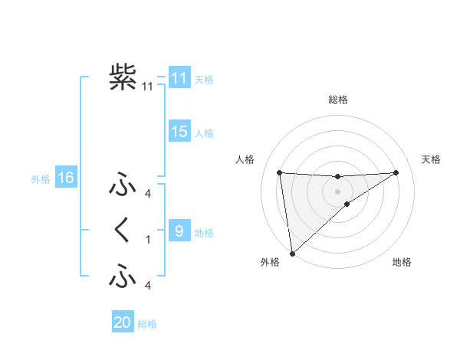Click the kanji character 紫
point(123,77)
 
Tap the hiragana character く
point(123,230)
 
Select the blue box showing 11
point(179,78)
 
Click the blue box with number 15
point(179,132)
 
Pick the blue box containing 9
point(179,231)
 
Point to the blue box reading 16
point(65,178)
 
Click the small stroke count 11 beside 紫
point(148,87)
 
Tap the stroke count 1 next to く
point(148,240)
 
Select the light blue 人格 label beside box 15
point(204,133)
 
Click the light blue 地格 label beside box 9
point(204,233)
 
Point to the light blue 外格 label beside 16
point(41,179)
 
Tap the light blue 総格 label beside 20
point(147,324)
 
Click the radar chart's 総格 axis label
point(337,100)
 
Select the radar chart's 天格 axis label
point(431,159)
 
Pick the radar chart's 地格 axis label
point(402,262)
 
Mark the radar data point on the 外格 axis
point(292,253)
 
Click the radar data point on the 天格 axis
point(396,172)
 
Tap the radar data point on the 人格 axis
point(279,172)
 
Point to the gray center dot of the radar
point(337,191)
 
